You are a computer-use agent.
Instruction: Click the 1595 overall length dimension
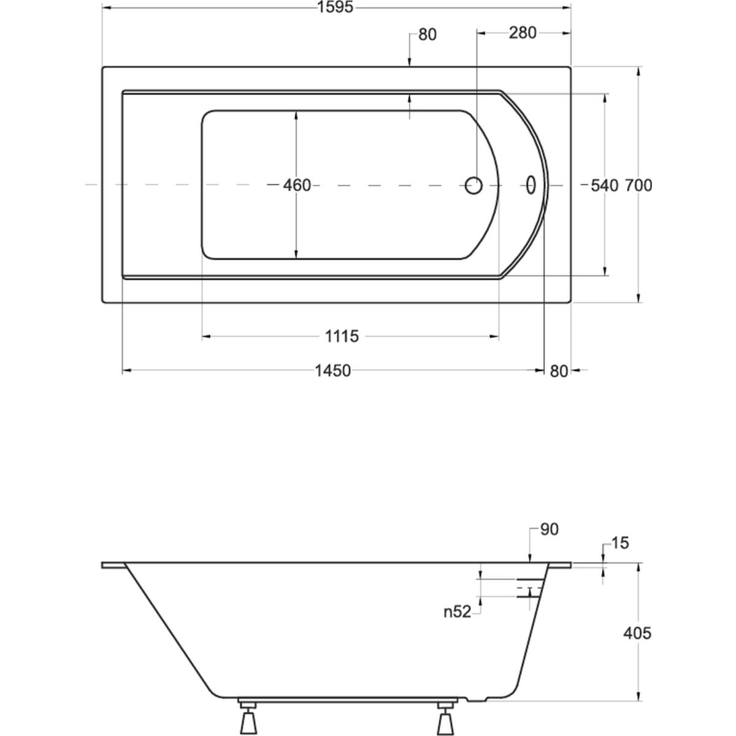coord(335,7)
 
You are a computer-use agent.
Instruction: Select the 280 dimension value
coord(523,33)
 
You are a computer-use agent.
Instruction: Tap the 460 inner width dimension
coord(297,186)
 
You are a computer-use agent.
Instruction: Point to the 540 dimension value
coord(604,186)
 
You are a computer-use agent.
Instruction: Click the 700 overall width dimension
coord(638,186)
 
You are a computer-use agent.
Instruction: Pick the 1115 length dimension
coord(342,337)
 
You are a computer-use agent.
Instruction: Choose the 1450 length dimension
coord(332,370)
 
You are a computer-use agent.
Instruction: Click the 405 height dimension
coord(637,634)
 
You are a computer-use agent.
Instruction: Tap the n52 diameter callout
coord(457,612)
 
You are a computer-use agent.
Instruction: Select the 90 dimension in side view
coord(549,529)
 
